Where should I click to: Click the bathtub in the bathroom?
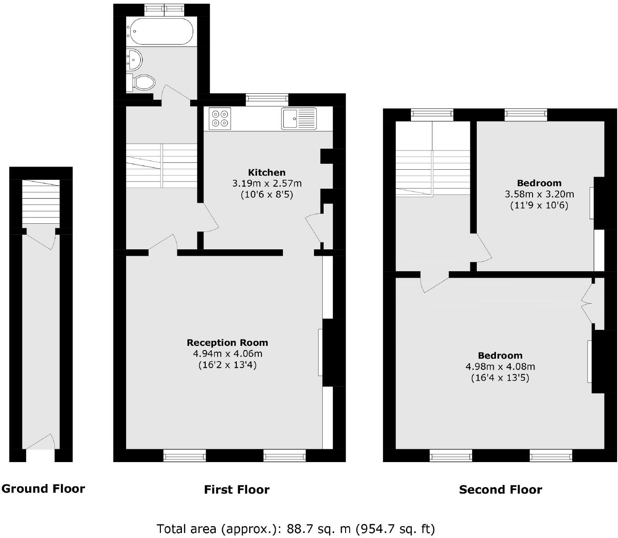coord(160,31)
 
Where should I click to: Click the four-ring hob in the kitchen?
coord(220,118)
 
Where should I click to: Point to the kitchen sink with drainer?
coord(299,118)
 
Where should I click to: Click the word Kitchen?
coord(266,172)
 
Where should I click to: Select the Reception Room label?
coord(227,343)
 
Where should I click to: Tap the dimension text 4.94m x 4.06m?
coord(227,354)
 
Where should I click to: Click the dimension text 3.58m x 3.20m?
coord(539,194)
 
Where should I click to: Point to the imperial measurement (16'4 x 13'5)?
coord(500,378)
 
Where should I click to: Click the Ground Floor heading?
coord(43,489)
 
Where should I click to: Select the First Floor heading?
coord(236,490)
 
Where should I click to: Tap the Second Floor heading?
coord(500,490)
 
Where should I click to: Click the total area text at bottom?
coord(295,529)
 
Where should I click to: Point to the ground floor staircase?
coord(41,201)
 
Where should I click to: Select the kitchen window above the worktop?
coord(267,99)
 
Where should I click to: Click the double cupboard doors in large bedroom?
coord(587,302)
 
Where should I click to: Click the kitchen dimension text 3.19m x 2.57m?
coord(266,183)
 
